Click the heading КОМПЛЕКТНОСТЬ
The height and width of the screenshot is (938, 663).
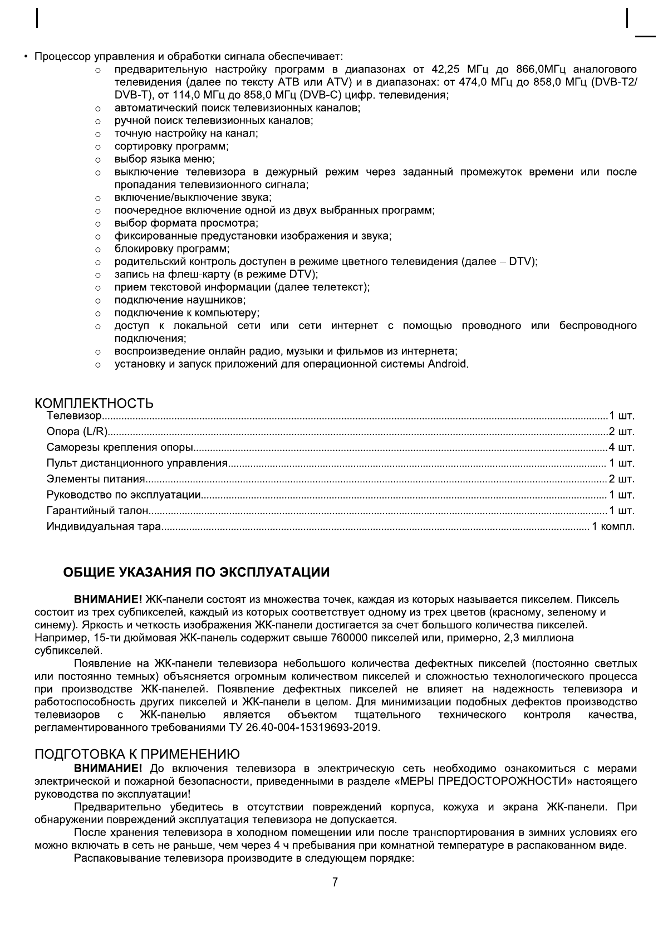pyautogui.click(x=94, y=403)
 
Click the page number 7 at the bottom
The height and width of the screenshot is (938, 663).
pyautogui.click(x=335, y=882)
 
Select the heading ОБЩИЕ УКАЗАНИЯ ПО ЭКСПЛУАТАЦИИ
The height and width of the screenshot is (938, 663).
pyautogui.click(x=196, y=572)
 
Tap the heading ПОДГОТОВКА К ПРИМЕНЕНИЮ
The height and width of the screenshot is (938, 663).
pyautogui.click(x=137, y=754)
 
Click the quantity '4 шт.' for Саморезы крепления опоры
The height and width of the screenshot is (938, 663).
pyautogui.click(x=621, y=447)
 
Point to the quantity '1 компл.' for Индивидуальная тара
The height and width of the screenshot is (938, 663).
pyautogui.click(x=613, y=526)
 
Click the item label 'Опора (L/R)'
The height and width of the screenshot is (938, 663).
pyautogui.click(x=77, y=432)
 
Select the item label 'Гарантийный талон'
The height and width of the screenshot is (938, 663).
pyautogui.click(x=97, y=510)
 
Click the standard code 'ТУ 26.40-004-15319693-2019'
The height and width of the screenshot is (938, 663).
pyautogui.click(x=304, y=727)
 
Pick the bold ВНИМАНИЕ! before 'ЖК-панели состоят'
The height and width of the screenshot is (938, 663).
pyautogui.click(x=108, y=599)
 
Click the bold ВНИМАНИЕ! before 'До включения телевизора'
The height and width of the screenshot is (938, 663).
pyautogui.click(x=108, y=769)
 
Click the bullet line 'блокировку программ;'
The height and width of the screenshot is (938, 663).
pyautogui.click(x=172, y=249)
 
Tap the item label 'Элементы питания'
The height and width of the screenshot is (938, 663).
pyautogui.click(x=96, y=479)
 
